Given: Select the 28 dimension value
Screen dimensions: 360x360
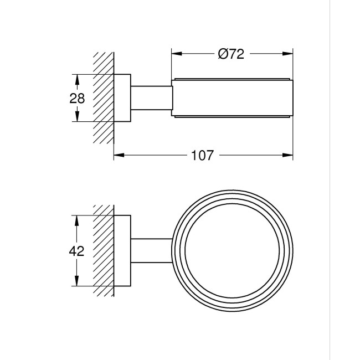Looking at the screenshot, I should coord(78,99).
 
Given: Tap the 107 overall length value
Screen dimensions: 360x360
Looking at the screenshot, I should coord(202,156).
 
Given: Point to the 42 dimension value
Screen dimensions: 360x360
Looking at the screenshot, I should coord(77,250).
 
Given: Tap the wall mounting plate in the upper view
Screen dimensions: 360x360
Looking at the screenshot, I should coord(122,98).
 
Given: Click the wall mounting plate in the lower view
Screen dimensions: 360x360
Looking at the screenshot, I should coord(122,250).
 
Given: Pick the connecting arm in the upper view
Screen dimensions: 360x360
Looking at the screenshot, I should coord(151,98).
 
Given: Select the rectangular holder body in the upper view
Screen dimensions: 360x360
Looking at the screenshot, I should coord(233,98).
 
